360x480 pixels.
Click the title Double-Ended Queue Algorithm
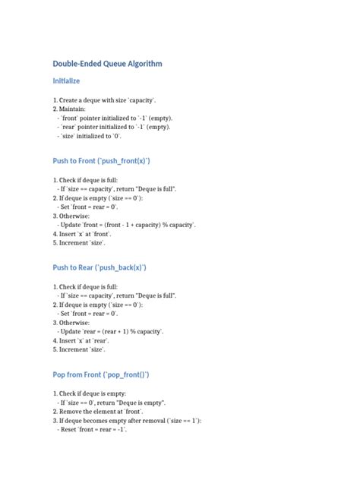(x=107, y=64)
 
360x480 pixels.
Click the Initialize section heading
(x=66, y=81)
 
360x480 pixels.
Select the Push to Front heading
(x=101, y=161)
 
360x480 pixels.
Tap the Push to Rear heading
(x=99, y=267)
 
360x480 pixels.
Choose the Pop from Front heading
(x=101, y=374)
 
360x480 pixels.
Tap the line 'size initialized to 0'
(x=89, y=137)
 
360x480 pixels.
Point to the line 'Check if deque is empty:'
(x=90, y=393)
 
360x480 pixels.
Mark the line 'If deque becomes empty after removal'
(x=127, y=421)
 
